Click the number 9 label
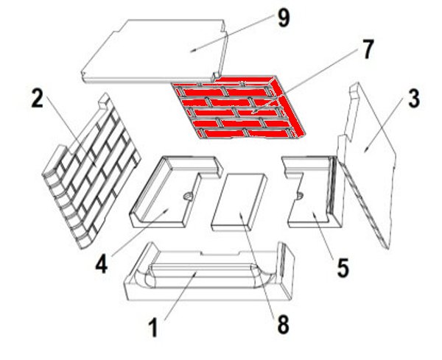click(x=284, y=19)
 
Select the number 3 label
click(x=413, y=99)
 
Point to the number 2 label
click(x=38, y=98)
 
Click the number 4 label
click(x=102, y=265)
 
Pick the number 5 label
click(x=343, y=268)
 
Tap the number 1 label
click(x=154, y=328)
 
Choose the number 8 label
click(x=283, y=324)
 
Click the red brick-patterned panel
click(x=239, y=107)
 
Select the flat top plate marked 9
click(x=155, y=51)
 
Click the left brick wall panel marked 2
click(x=91, y=171)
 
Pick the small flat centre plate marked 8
click(x=239, y=202)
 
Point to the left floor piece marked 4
click(x=169, y=191)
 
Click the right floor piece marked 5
click(x=313, y=191)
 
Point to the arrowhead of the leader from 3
click(x=365, y=150)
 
